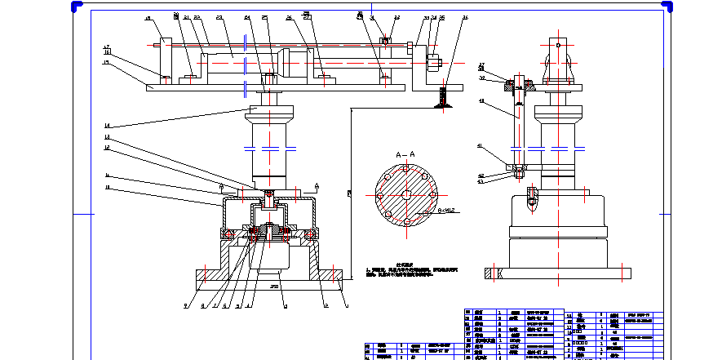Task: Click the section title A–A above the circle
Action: [x=405, y=154]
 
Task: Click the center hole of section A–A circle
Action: [x=405, y=194]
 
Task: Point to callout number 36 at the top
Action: [x=465, y=16]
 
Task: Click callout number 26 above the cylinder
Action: [x=289, y=17]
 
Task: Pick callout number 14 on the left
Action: [x=106, y=125]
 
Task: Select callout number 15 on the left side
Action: [x=106, y=62]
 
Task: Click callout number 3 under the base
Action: [x=284, y=306]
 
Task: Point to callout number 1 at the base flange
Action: [x=347, y=306]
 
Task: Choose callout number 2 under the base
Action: [x=326, y=306]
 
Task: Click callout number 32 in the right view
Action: [x=483, y=78]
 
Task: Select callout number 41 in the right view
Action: [x=481, y=145]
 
